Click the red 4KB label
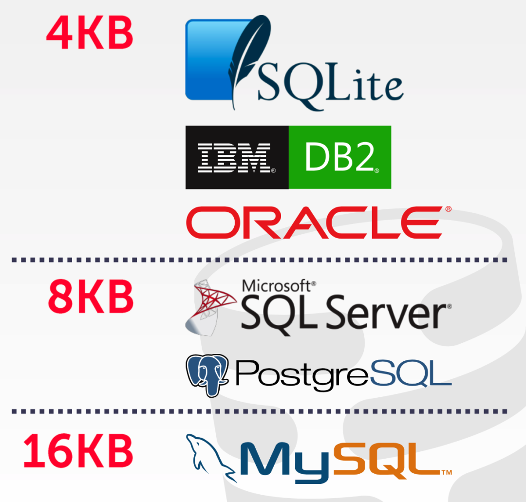pyautogui.click(x=90, y=33)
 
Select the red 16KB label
pyautogui.click(x=78, y=451)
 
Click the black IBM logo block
pyautogui.click(x=237, y=157)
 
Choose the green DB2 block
pyautogui.click(x=340, y=157)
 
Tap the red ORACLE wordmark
pyautogui.click(x=314, y=223)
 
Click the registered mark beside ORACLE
pyautogui.click(x=448, y=209)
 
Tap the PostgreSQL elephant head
pyautogui.click(x=207, y=374)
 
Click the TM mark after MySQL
pyautogui.click(x=446, y=472)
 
